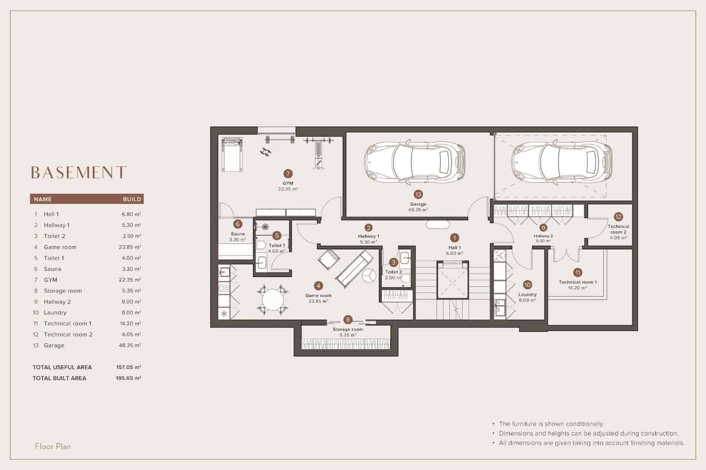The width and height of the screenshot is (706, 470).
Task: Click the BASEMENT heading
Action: click(x=79, y=172)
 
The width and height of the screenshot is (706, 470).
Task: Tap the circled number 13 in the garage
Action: click(x=418, y=194)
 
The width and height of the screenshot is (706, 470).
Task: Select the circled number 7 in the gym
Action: click(x=288, y=174)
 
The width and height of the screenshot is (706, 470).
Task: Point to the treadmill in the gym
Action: click(x=231, y=155)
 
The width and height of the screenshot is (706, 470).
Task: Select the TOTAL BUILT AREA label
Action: click(x=60, y=378)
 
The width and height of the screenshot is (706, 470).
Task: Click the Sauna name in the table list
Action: click(x=53, y=269)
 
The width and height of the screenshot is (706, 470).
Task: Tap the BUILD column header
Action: click(x=132, y=199)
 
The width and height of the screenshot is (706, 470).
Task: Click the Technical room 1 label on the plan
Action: click(x=578, y=282)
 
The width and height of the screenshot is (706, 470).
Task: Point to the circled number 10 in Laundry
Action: click(x=527, y=285)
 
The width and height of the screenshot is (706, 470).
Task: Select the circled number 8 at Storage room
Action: click(x=348, y=320)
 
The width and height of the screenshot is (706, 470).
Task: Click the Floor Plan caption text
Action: click(x=53, y=446)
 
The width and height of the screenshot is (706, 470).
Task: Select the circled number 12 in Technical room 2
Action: click(x=618, y=216)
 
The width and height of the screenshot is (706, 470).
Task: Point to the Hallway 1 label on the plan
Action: click(x=368, y=236)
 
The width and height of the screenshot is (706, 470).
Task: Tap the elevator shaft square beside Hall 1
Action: click(x=452, y=280)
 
